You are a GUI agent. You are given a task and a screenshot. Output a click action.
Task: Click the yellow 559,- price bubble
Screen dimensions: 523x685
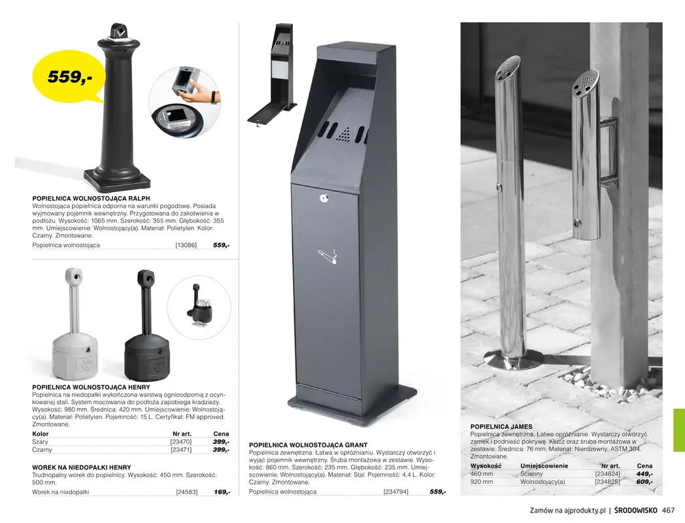(69, 77)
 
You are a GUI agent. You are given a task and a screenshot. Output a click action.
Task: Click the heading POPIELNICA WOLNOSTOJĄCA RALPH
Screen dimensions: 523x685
(92, 198)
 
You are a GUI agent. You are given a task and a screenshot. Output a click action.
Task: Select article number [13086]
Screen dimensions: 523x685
(186, 245)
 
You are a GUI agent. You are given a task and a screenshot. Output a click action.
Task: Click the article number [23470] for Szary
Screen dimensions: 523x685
(180, 442)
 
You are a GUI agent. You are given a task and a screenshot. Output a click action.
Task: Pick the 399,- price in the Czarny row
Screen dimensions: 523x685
(220, 450)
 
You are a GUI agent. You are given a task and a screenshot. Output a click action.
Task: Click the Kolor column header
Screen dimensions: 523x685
(41, 433)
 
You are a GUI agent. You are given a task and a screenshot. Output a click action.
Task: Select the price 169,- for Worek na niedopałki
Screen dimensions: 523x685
(222, 492)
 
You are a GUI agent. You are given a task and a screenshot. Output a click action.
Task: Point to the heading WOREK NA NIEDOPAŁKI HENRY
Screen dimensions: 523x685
(82, 467)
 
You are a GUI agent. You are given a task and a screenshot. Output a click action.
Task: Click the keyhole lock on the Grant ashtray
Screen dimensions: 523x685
(322, 196)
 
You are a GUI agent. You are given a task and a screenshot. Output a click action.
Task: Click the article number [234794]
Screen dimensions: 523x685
(395, 492)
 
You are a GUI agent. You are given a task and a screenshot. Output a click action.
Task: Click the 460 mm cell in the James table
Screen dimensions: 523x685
(482, 474)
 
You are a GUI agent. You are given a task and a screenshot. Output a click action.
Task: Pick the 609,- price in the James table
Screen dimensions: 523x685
(644, 482)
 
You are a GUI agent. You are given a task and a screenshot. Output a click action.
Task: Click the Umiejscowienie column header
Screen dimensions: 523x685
(544, 466)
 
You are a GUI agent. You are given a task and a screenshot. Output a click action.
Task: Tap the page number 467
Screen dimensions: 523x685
(667, 511)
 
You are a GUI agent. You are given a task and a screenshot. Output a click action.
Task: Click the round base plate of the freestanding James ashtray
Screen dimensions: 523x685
(513, 360)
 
